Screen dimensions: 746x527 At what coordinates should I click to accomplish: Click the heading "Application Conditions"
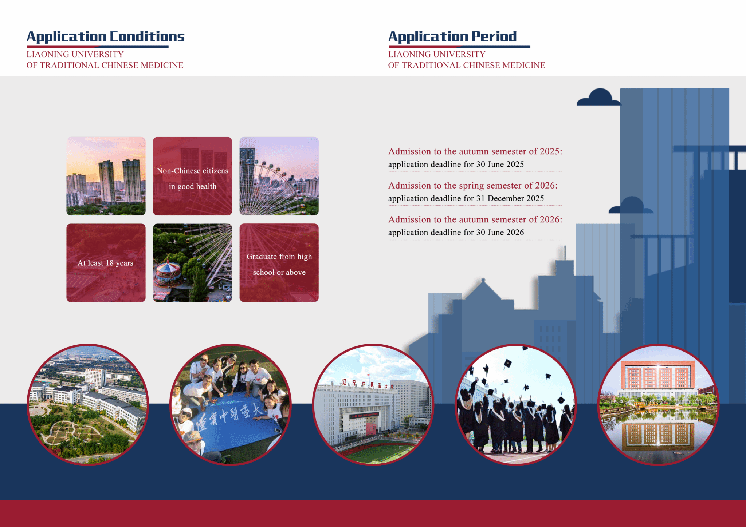(105, 37)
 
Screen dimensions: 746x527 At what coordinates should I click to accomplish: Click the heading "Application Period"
(452, 37)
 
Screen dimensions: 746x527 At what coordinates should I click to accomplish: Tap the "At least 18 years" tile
(106, 263)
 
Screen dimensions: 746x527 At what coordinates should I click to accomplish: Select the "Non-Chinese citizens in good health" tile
(192, 176)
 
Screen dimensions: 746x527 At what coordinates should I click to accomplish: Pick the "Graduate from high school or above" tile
(279, 263)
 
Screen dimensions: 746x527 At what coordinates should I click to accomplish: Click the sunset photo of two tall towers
(106, 176)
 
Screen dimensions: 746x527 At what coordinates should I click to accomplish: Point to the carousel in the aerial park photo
(168, 273)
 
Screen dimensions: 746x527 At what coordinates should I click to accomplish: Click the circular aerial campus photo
(88, 405)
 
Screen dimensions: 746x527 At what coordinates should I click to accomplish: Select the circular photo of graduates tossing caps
(516, 405)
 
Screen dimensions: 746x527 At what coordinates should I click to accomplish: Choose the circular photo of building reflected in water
(659, 405)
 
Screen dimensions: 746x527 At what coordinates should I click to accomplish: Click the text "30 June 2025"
(500, 165)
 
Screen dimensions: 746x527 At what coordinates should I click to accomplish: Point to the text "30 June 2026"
(500, 233)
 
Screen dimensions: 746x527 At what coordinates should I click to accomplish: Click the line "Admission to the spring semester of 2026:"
(473, 186)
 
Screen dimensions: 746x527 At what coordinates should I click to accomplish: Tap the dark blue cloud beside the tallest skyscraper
(598, 98)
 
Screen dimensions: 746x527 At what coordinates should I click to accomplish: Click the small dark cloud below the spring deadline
(631, 205)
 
